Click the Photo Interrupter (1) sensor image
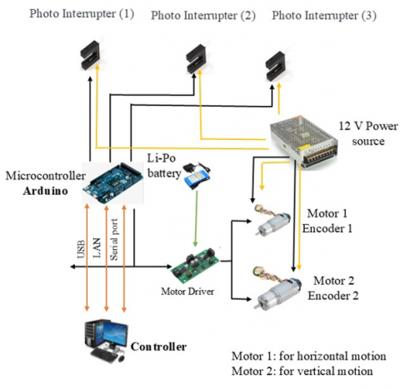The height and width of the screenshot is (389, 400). [x=91, y=54]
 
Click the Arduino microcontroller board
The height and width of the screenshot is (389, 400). [x=112, y=182]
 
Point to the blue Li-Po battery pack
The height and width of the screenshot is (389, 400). [x=197, y=177]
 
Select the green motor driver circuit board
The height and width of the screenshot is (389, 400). [x=195, y=265]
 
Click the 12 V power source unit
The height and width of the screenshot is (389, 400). [x=303, y=141]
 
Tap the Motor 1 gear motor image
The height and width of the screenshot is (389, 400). [x=272, y=220]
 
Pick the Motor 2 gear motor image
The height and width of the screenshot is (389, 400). [x=277, y=289]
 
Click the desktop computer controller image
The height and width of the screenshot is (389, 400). [x=106, y=341]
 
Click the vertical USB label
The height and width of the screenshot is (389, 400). [x=81, y=249]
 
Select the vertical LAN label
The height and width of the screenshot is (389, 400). [x=97, y=248]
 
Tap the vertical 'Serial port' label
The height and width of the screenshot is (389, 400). [x=114, y=240]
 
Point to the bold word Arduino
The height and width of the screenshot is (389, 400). [x=45, y=191]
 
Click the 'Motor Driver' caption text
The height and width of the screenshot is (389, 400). [x=187, y=292]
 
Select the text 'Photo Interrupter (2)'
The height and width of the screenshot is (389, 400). [x=203, y=15]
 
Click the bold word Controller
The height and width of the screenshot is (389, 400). [x=158, y=347]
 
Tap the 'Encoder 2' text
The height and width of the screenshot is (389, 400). [x=333, y=296]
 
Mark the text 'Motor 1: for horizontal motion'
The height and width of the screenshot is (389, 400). [x=308, y=356]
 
